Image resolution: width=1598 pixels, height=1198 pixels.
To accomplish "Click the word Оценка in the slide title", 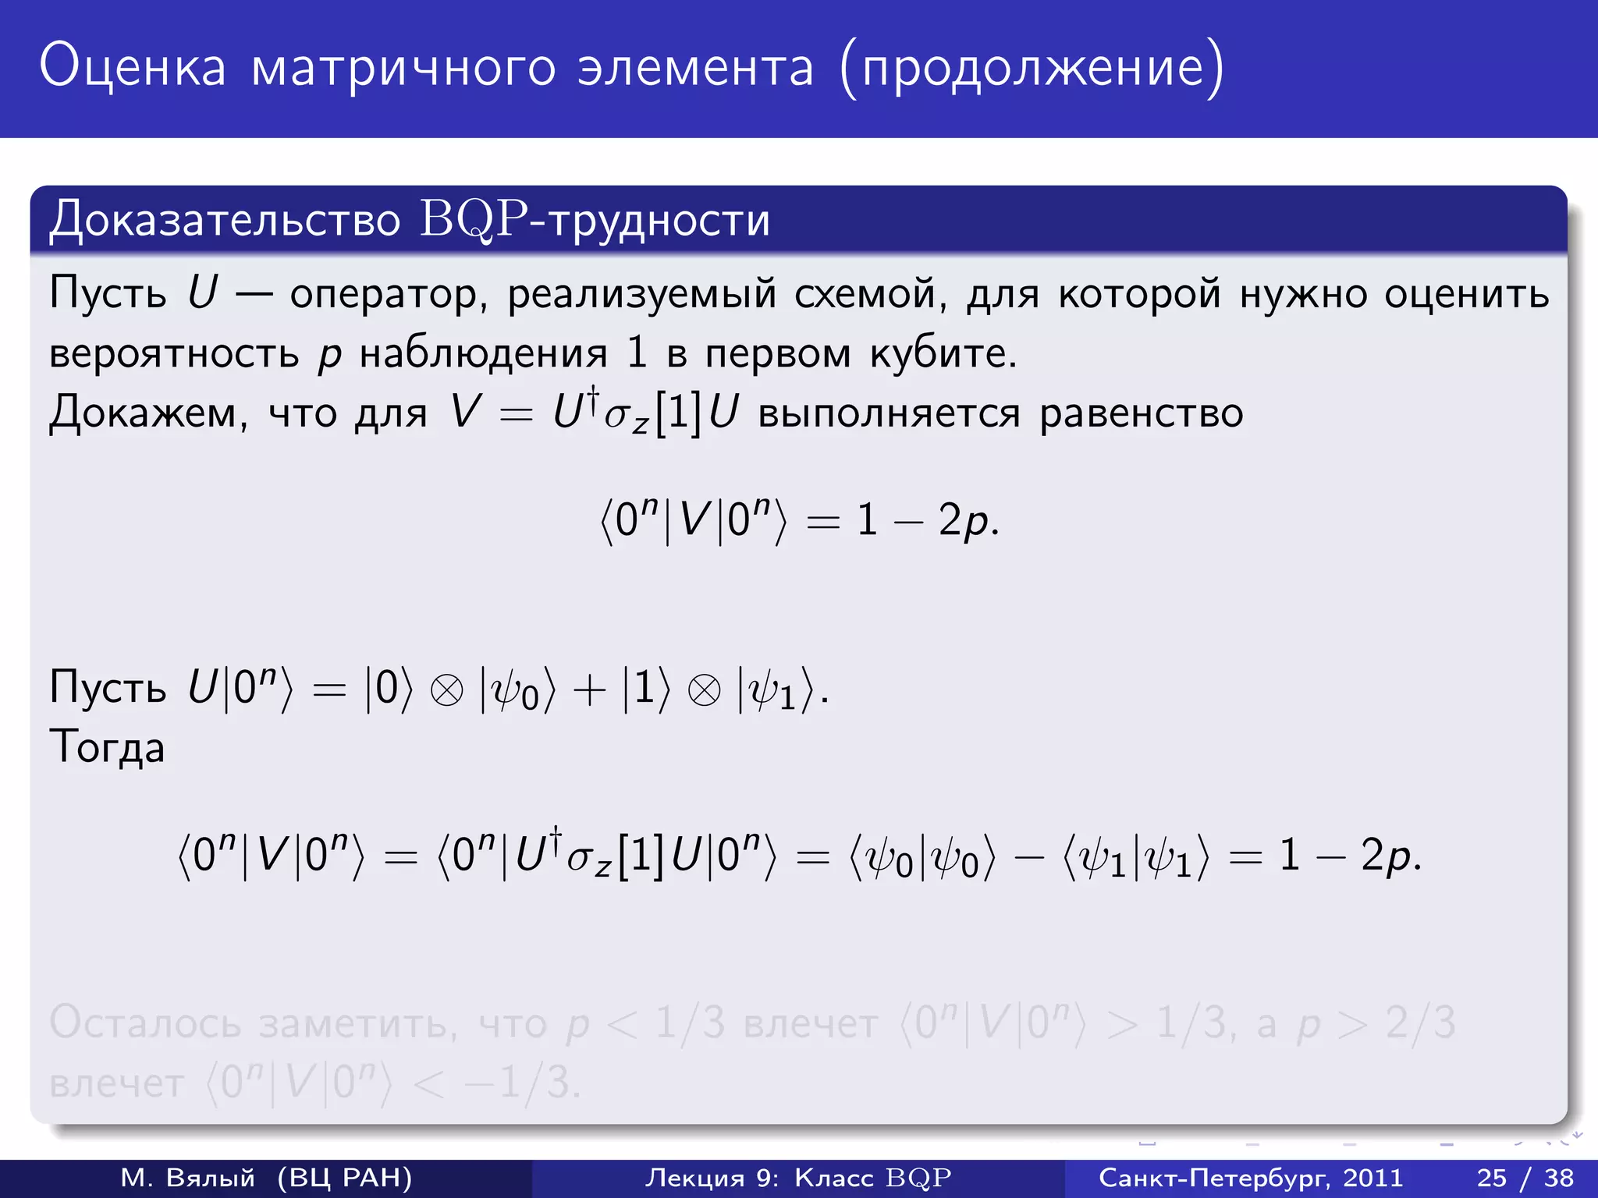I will pyautogui.click(x=133, y=67).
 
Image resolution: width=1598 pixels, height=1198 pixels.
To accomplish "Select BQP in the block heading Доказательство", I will pyautogui.click(x=474, y=219).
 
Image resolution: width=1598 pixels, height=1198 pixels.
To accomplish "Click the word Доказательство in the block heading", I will pyautogui.click(x=225, y=221).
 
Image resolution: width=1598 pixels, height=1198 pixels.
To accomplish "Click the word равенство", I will pyautogui.click(x=1141, y=413).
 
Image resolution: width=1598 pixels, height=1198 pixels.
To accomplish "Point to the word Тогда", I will pyautogui.click(x=107, y=747).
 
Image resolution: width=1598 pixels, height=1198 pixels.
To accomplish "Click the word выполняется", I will pyautogui.click(x=889, y=413).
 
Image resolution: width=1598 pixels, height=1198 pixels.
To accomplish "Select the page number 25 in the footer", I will pyautogui.click(x=1491, y=1178).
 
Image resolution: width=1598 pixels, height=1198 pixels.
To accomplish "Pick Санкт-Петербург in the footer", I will pyautogui.click(x=1213, y=1178).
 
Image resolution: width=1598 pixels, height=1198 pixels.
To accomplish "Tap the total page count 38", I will pyautogui.click(x=1559, y=1178).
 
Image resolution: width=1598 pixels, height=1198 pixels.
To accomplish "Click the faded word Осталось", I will pyautogui.click(x=145, y=1023).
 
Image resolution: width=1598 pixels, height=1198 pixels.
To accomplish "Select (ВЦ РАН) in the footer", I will pyautogui.click(x=344, y=1178).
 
